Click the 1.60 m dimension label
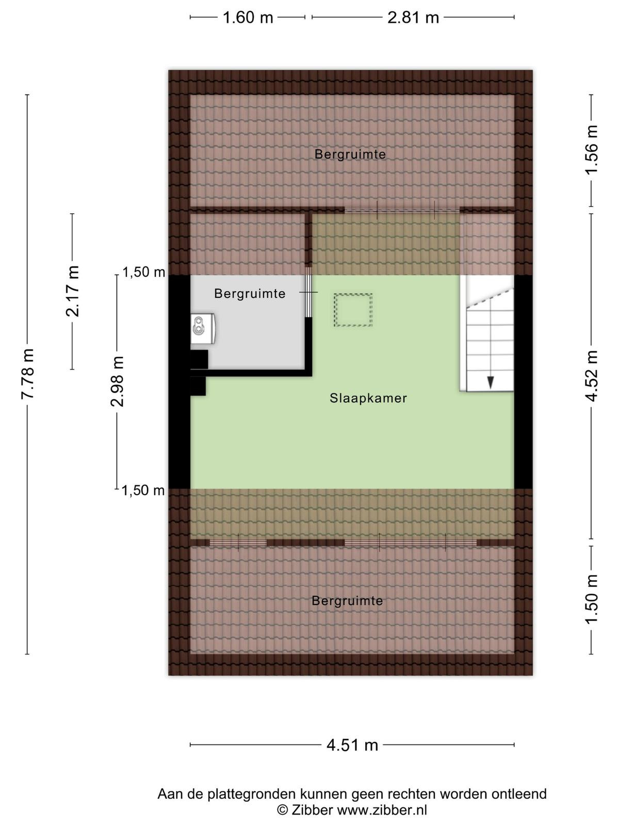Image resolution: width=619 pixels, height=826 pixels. [x=248, y=18]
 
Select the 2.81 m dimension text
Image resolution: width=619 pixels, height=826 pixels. [x=413, y=18]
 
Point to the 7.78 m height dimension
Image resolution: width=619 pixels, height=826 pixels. [x=28, y=374]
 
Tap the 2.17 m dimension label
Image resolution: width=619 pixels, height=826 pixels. [x=73, y=291]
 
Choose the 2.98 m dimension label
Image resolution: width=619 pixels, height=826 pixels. [x=117, y=382]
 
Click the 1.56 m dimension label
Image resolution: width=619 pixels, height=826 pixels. [x=591, y=150]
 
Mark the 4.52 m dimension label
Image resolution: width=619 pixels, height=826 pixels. [x=591, y=376]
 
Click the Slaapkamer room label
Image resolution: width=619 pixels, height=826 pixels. [x=368, y=398]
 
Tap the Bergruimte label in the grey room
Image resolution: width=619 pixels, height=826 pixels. [x=250, y=294]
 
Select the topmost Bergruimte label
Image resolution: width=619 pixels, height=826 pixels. [x=350, y=154]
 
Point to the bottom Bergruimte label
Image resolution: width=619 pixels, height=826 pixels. [x=347, y=601]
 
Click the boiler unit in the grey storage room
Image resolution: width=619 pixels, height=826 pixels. [x=203, y=328]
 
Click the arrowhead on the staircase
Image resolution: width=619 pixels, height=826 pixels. [x=491, y=383]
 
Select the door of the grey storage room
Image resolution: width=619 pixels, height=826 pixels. [x=308, y=292]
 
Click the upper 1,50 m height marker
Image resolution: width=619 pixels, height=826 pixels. [x=144, y=272]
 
